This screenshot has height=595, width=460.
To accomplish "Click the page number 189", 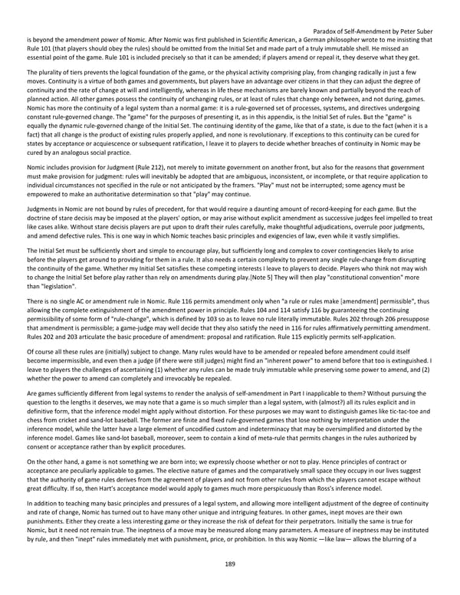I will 230,563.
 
